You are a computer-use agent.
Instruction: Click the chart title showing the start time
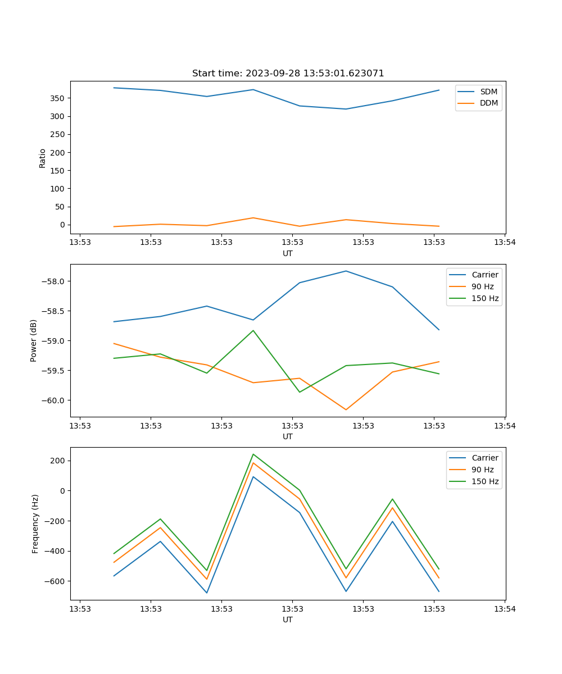tap(288, 74)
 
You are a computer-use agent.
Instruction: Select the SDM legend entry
tap(488, 92)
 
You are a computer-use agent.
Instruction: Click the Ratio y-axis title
tap(43, 158)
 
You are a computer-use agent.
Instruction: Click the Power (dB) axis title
tap(34, 340)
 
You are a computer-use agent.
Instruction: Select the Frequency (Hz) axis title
tap(35, 523)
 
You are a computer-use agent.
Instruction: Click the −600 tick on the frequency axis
tap(56, 581)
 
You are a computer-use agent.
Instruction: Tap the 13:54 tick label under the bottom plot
tap(504, 609)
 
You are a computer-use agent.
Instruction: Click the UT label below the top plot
tap(288, 253)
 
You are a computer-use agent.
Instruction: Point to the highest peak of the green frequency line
tap(253, 454)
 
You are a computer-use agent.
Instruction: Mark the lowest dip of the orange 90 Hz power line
tap(346, 409)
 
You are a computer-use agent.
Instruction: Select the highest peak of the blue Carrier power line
tap(346, 271)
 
